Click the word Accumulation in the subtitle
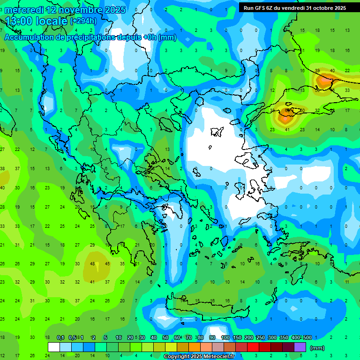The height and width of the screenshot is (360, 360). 32,37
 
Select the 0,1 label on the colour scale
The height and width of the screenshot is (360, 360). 60,337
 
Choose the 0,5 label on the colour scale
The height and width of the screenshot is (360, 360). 72,337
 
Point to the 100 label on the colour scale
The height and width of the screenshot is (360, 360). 225,337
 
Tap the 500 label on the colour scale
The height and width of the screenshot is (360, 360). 307,337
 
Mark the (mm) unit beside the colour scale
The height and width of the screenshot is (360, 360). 317,348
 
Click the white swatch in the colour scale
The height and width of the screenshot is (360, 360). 54,347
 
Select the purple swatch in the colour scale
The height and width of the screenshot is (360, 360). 300,347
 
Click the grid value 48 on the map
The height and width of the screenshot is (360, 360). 93,263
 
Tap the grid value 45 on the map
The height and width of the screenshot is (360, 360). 108,263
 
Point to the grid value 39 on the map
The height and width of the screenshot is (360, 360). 317,70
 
